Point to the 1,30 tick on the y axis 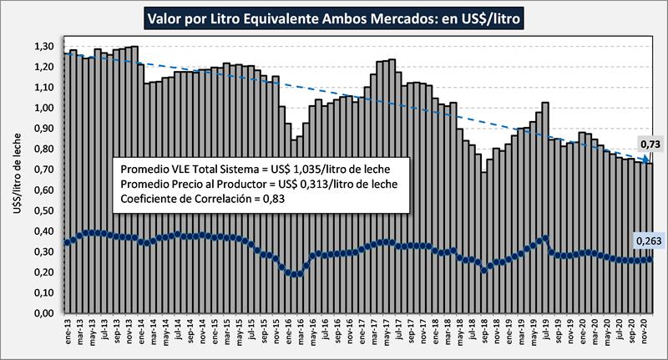[x=41, y=47]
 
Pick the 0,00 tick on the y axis [x=41, y=313]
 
